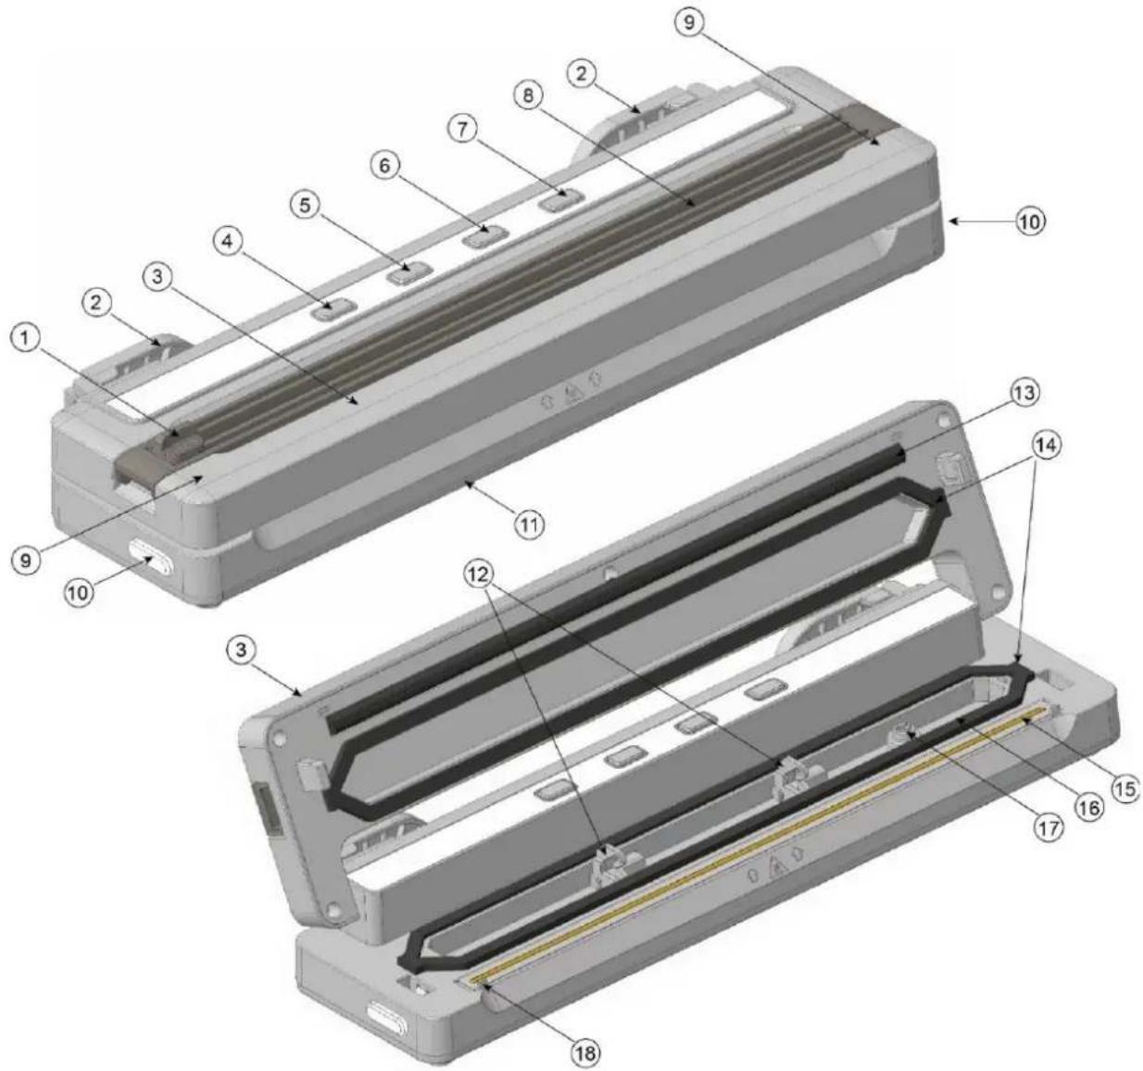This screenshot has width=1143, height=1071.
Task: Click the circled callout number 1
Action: (25, 340)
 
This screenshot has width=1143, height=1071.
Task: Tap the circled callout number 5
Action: (305, 206)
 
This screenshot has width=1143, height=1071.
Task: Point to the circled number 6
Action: (383, 166)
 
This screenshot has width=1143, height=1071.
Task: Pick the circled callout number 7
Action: (462, 130)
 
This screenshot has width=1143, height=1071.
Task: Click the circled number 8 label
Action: (529, 96)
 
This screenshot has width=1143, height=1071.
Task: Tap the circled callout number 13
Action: (1024, 393)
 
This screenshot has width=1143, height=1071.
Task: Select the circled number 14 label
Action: (1047, 445)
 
